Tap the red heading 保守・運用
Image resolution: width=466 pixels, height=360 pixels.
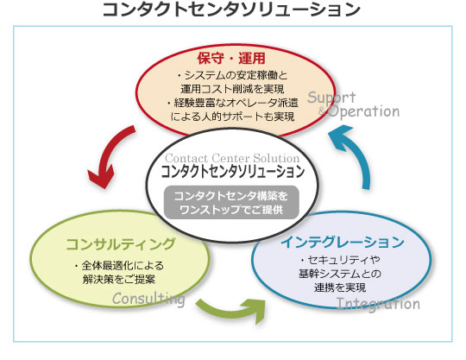click(x=231, y=58)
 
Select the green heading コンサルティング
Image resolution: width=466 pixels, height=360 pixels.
click(x=120, y=244)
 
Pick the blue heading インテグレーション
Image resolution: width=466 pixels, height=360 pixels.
click(x=343, y=242)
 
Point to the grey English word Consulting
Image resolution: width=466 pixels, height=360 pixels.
click(x=148, y=299)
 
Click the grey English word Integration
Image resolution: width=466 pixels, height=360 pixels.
click(x=378, y=304)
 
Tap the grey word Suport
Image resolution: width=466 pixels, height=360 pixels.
click(x=331, y=98)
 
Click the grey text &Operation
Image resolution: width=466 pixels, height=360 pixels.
click(x=359, y=111)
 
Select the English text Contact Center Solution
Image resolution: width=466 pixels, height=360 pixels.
click(x=232, y=158)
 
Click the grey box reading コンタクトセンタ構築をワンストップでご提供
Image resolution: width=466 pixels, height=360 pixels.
click(x=231, y=203)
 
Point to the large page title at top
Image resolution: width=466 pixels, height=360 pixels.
click(x=231, y=9)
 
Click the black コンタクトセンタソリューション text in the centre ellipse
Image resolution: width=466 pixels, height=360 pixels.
click(x=233, y=172)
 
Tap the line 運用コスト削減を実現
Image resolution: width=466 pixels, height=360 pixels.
click(x=232, y=89)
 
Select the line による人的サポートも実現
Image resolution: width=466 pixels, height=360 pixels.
click(x=232, y=117)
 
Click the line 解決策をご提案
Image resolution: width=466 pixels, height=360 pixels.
click(x=119, y=280)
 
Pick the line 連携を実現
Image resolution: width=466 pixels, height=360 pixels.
click(x=340, y=287)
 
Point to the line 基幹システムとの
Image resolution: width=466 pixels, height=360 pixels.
click(x=340, y=274)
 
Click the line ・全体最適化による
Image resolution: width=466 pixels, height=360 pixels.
click(x=119, y=265)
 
